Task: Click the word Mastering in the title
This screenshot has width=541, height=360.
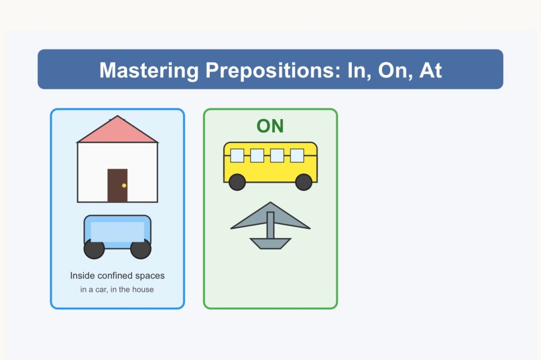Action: click(x=148, y=71)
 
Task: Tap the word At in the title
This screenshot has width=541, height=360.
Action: click(x=430, y=70)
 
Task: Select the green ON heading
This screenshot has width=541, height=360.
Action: click(x=270, y=126)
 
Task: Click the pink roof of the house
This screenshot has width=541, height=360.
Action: click(x=117, y=132)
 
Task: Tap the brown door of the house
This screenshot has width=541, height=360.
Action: click(x=117, y=186)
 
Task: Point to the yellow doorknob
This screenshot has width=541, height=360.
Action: click(x=124, y=186)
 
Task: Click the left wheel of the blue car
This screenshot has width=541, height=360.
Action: click(x=94, y=248)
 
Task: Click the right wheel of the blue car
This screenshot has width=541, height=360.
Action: click(x=141, y=248)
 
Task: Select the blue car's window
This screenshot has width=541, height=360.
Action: click(x=117, y=232)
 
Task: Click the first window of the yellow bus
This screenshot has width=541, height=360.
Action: click(x=237, y=155)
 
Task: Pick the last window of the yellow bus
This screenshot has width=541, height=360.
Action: click(x=297, y=155)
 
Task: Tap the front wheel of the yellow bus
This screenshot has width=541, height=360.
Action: click(x=304, y=182)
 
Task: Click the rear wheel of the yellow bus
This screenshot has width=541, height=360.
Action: click(x=237, y=182)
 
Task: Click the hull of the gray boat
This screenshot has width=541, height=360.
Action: click(x=270, y=243)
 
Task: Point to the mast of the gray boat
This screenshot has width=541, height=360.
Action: click(x=270, y=225)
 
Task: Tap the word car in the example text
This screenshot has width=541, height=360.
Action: click(x=101, y=290)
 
